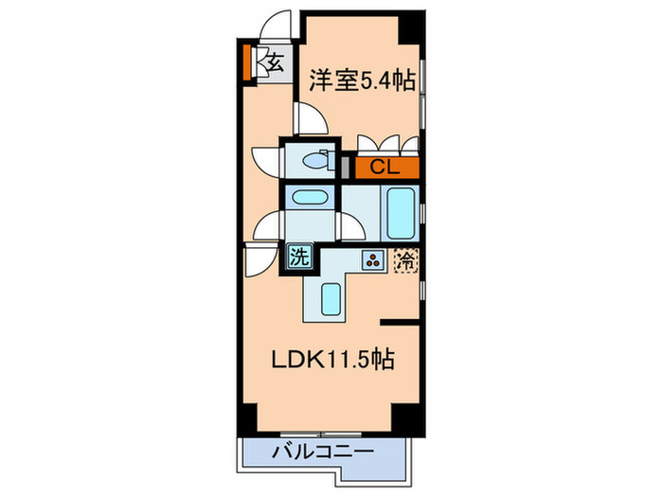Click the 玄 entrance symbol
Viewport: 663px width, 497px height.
pos(273,64)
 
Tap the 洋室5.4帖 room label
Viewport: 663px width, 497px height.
pos(361,82)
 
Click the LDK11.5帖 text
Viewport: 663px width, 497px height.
pos(332,360)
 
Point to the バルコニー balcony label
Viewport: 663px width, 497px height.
pos(319,451)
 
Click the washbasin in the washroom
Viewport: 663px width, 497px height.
pos(309,198)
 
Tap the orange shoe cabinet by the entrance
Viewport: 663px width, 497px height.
pos(247,63)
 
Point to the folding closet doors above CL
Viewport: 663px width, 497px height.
pos(387,145)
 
